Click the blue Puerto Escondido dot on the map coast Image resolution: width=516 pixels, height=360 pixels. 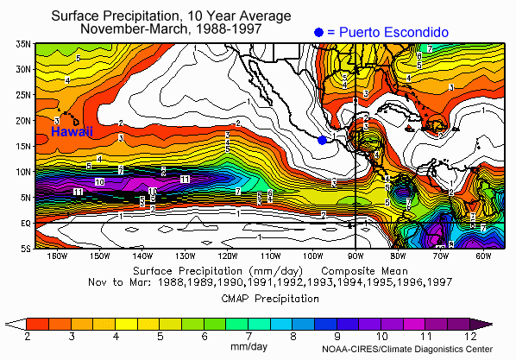(322, 140)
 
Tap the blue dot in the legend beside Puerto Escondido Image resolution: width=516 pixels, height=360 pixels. (319, 32)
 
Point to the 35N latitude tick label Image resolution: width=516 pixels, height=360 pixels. (23, 43)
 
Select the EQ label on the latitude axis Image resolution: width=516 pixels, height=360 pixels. (25, 223)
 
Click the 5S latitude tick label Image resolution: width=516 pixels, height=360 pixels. (25, 249)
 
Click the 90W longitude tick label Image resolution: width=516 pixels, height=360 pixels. (355, 256)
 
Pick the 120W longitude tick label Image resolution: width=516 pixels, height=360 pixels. (227, 256)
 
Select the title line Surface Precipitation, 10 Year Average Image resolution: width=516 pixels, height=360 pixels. (169, 16)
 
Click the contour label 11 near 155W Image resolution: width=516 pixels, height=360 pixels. (78, 191)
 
